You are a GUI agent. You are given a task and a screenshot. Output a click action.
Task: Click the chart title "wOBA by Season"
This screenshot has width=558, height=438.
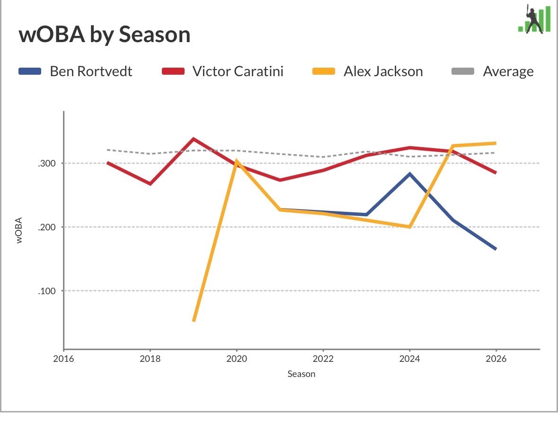coord(104,35)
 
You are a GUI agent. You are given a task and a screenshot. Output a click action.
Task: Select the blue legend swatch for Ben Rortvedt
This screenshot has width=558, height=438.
coord(30,71)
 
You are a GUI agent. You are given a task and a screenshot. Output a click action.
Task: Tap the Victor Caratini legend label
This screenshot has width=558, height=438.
coord(238,71)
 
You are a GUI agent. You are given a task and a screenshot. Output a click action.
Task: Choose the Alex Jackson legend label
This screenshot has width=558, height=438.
coord(383,71)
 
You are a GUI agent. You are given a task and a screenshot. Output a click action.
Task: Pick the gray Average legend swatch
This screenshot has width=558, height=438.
coord(462,71)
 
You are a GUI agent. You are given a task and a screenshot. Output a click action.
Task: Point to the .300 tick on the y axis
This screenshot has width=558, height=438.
coord(47,164)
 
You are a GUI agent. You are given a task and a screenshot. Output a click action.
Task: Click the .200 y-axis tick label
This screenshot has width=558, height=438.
coord(47,227)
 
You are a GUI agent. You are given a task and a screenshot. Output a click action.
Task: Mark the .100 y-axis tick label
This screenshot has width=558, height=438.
coord(47,291)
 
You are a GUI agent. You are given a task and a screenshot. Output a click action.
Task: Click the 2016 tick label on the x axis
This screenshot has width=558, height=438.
coord(64,359)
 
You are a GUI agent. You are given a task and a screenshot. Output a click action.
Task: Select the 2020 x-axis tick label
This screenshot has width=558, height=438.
coord(237,359)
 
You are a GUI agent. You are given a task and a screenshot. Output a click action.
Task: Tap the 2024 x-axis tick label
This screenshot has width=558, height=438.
coord(409,359)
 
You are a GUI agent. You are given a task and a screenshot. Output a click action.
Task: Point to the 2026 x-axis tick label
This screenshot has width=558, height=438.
coord(496,359)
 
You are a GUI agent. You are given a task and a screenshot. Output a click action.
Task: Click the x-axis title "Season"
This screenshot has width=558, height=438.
coord(301,374)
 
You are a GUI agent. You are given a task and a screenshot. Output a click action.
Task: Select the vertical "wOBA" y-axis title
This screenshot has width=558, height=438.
coord(19,230)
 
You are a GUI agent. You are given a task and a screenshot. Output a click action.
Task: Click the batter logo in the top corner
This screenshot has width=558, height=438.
coord(534,19)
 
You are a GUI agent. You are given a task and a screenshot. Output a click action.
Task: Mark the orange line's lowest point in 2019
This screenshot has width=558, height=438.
coord(194,321)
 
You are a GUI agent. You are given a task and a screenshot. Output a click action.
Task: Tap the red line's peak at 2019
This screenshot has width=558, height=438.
coord(193,139)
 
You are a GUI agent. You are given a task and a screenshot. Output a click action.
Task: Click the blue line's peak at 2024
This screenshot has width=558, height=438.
coord(410,174)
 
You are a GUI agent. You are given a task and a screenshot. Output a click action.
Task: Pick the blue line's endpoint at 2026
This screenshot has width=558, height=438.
coord(496,249)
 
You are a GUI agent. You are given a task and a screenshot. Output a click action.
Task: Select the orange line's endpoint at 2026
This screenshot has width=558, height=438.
coord(496,143)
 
